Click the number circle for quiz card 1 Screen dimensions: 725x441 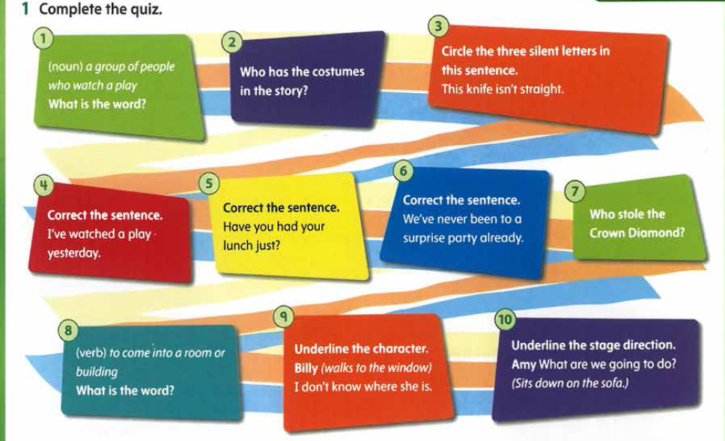[x=43, y=38]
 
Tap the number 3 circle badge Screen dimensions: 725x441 [x=438, y=26]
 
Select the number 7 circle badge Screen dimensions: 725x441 [x=574, y=191]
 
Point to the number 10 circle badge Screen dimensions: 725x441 [x=505, y=320]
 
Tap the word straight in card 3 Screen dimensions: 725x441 [x=542, y=89]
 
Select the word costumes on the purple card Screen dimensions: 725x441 [x=342, y=72]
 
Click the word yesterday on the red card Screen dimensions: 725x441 [x=73, y=253]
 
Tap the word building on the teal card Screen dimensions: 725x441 [x=97, y=372]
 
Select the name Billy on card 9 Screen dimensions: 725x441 [x=306, y=368]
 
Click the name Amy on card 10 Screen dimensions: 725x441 [x=524, y=365]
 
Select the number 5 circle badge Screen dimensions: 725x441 [x=208, y=183]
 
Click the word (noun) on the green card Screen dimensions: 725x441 [x=65, y=67]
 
